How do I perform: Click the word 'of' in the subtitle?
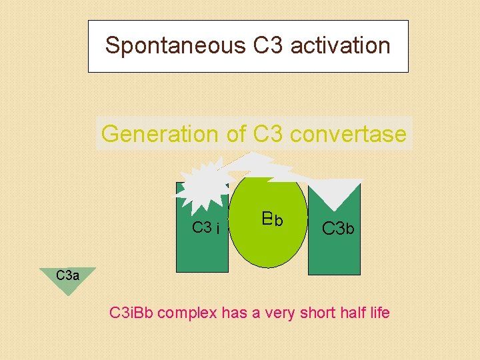(x=237, y=134)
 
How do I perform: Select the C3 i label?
(x=206, y=228)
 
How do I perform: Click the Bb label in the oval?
(x=272, y=219)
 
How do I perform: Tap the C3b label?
(x=338, y=229)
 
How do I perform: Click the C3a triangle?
(x=67, y=278)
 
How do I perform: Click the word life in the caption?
(x=378, y=312)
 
